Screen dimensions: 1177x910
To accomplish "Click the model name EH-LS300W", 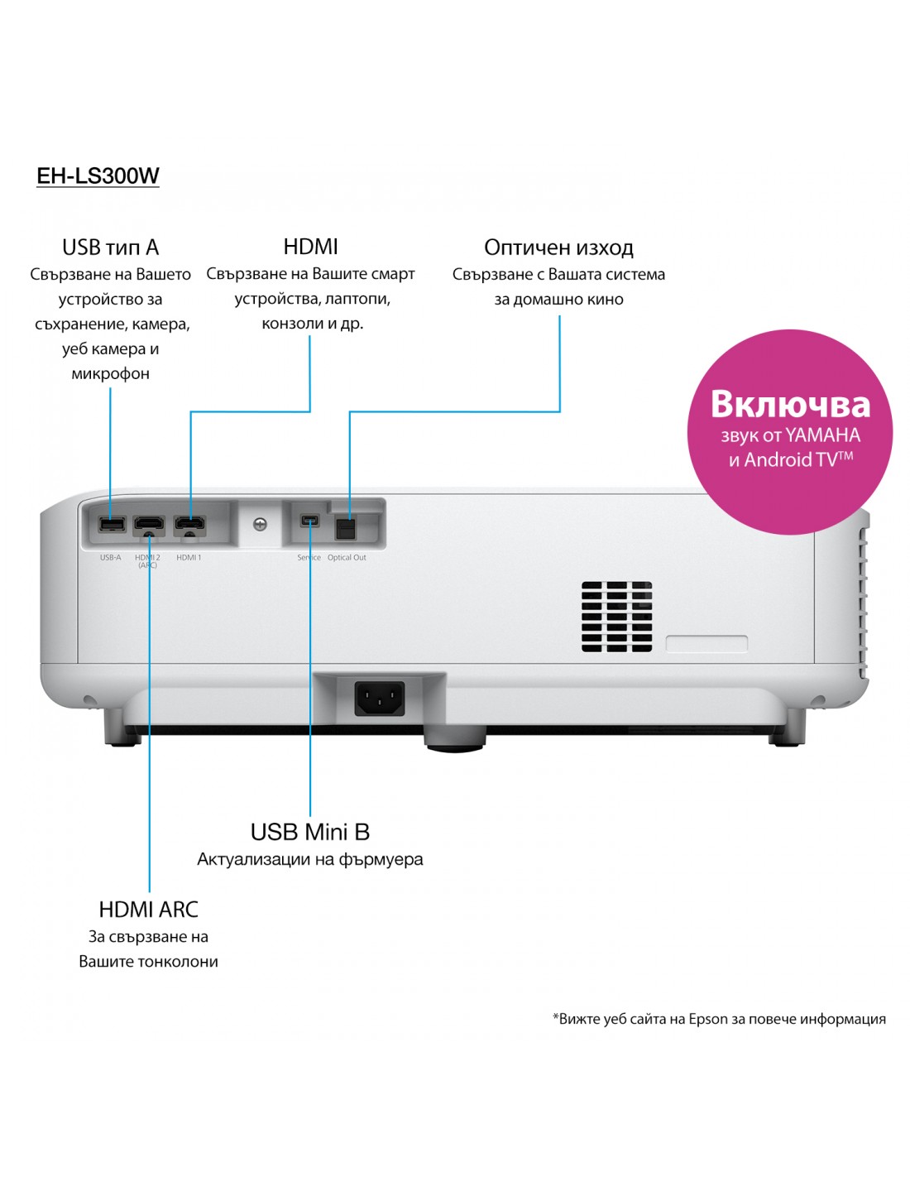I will coord(98,175).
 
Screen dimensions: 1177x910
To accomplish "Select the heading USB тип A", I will coord(110,247).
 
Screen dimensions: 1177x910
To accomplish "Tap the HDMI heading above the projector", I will coord(310,246).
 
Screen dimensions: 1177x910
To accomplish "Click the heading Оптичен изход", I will coord(558,247).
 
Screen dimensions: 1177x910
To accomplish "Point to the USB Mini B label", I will coord(310,832).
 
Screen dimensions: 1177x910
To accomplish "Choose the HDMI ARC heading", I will coord(148,909).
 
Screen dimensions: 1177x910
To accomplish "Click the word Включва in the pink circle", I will coord(790,404).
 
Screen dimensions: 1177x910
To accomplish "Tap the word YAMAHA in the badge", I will coord(822,435).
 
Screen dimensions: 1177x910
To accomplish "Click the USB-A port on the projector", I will coord(111,524).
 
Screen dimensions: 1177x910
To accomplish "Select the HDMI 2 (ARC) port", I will coord(149,525).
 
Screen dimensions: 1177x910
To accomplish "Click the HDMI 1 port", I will coord(189,525).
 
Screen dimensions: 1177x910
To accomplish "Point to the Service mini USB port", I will coord(309,521).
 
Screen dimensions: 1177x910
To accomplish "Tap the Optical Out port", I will coord(345,528).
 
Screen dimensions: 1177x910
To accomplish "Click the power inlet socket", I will coord(380,698).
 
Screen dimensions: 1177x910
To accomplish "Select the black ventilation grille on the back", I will coord(616,616).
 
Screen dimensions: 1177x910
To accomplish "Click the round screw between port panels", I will coord(260,524).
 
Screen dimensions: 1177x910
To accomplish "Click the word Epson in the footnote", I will coord(708,1019).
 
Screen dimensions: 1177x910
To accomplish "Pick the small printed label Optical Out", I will coord(347,558).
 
